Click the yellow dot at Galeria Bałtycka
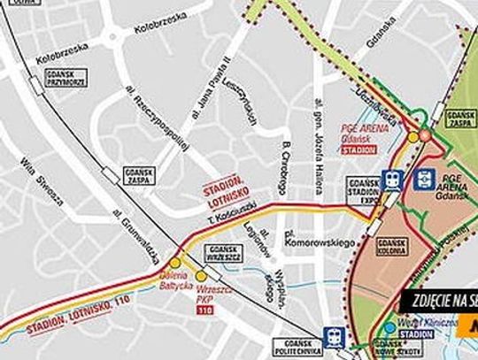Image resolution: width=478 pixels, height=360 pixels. (175, 263)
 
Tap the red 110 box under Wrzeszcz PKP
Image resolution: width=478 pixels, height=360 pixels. (207, 310)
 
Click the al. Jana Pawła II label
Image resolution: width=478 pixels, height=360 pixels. (211, 89)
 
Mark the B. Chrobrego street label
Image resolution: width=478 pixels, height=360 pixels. (285, 168)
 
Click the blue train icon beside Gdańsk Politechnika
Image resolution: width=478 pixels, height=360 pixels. (334, 336)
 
